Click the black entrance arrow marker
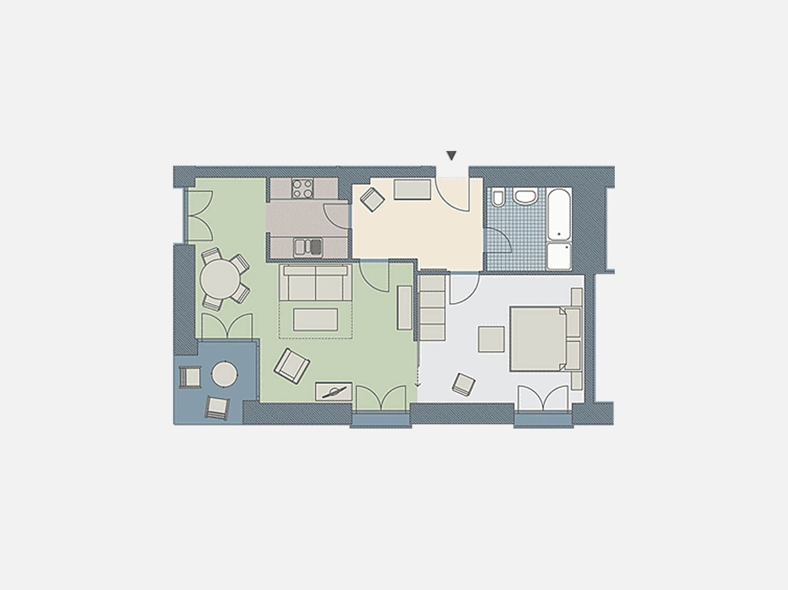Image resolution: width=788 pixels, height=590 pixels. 451,156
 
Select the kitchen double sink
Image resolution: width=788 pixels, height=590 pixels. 308,247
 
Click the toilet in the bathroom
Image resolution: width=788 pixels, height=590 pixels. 498,198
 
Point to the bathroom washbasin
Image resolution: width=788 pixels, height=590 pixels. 526,196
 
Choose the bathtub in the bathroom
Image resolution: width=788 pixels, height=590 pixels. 559,214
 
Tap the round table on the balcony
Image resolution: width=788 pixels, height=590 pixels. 224,375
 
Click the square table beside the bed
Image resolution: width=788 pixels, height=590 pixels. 491,339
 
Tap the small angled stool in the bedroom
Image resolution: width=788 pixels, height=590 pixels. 463,384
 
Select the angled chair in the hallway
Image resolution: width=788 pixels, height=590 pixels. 373,199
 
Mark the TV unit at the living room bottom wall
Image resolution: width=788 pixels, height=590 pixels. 333,391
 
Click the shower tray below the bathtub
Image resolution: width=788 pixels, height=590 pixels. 559,256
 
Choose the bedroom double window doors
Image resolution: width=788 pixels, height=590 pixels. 543,398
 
